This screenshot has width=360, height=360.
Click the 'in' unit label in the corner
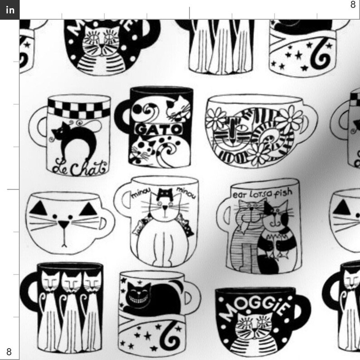[x=10, y=10]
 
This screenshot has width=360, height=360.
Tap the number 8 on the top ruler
[x=353, y=5]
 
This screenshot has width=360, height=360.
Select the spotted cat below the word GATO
[x=144, y=150]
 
